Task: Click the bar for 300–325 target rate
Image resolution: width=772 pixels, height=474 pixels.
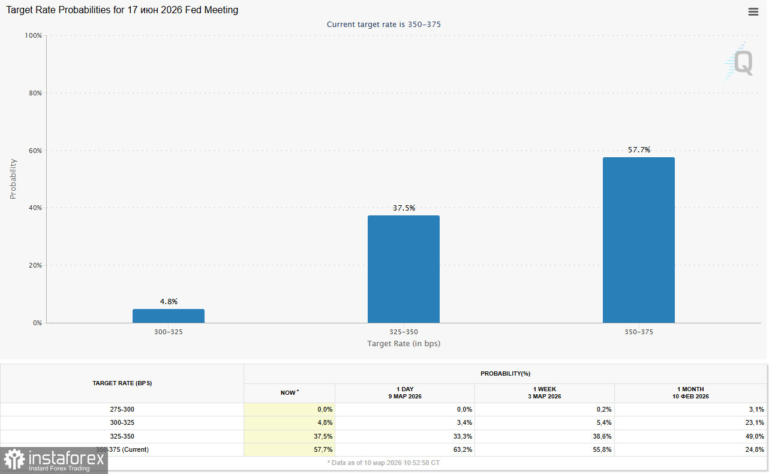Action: pos(169,316)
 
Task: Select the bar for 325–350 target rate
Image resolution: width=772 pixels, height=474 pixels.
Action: pos(404,269)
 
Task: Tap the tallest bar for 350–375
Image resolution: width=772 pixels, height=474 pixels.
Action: pos(639,240)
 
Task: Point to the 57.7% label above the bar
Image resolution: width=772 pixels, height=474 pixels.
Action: pos(639,150)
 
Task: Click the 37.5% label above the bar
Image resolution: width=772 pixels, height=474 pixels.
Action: pos(404,208)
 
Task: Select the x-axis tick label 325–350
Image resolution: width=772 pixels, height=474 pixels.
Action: pos(404,332)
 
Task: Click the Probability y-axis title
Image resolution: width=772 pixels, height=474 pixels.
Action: pos(13,179)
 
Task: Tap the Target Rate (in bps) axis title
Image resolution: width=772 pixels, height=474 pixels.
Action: pos(404,344)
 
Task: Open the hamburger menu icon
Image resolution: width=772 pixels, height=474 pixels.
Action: pos(753,11)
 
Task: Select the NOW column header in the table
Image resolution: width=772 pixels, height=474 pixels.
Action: pos(289,393)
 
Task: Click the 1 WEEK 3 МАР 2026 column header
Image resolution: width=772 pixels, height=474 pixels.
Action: pos(544,393)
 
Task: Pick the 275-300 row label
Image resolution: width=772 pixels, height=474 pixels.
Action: pos(122,409)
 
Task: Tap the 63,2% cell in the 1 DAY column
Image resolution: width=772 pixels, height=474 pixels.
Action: pos(462,449)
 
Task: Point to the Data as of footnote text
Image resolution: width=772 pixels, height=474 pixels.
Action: pos(384,463)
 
